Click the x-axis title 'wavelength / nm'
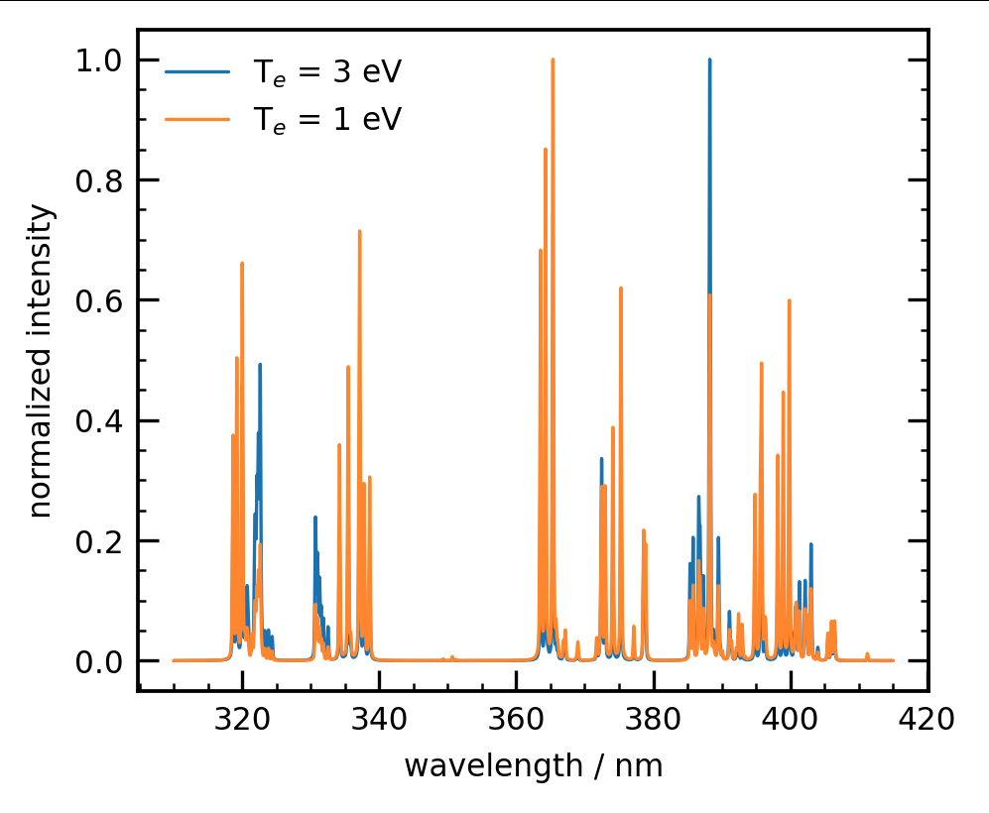[533, 766]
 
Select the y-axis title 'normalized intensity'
[41, 360]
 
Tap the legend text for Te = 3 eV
[327, 72]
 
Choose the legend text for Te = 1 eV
[327, 119]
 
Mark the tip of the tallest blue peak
[709, 59]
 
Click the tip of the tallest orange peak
[553, 59]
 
